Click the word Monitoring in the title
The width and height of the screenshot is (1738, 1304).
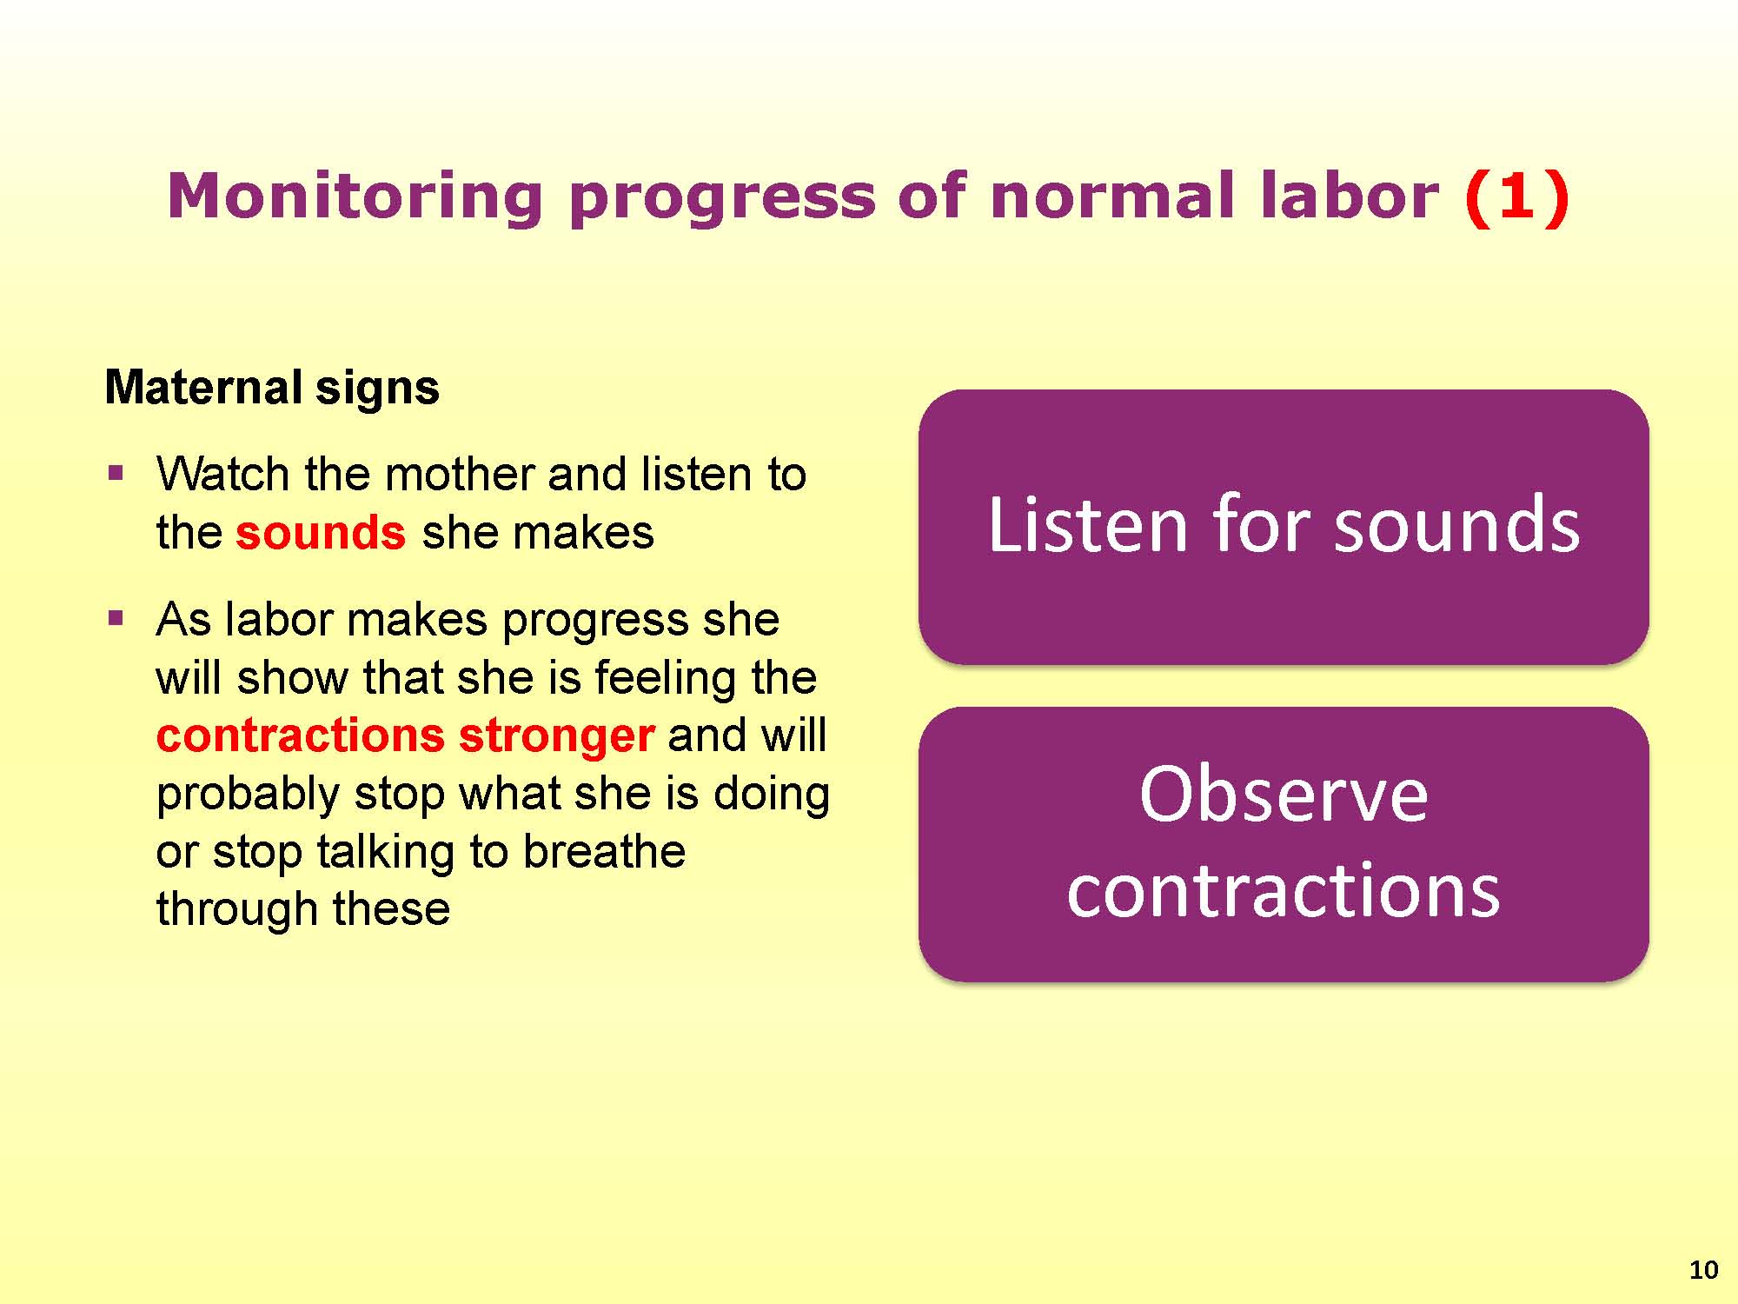pyautogui.click(x=355, y=197)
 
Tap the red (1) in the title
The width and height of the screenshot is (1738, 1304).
pyautogui.click(x=1517, y=196)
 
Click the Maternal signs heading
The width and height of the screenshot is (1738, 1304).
pyautogui.click(x=272, y=388)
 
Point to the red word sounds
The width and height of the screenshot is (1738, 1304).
pyautogui.click(x=321, y=532)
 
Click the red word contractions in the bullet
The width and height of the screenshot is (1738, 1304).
pyautogui.click(x=300, y=735)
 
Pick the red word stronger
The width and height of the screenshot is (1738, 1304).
pyautogui.click(x=556, y=736)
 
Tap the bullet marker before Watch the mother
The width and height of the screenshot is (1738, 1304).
pyautogui.click(x=116, y=474)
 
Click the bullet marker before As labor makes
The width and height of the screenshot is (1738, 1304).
pyautogui.click(x=116, y=619)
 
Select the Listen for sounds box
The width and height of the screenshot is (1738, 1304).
pyautogui.click(x=1284, y=526)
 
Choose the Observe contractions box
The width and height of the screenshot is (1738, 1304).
pyautogui.click(x=1284, y=844)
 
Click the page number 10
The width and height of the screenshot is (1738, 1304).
pyautogui.click(x=1704, y=1270)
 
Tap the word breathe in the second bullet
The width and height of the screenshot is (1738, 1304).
pyautogui.click(x=605, y=851)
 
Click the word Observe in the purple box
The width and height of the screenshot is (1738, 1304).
pyautogui.click(x=1284, y=795)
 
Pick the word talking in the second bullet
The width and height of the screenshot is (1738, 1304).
pyautogui.click(x=386, y=852)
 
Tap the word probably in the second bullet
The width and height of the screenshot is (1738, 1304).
pyautogui.click(x=248, y=795)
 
